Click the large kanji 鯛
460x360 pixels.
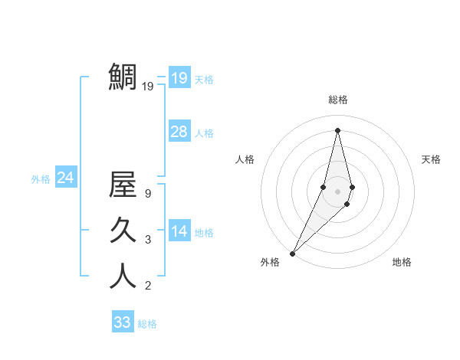coord(123,77)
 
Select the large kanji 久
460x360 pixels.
coord(123,231)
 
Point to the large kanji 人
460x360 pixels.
coord(123,276)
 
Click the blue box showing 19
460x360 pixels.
coord(179,77)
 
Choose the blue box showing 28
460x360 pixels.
coord(179,132)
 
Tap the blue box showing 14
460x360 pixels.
coord(179,231)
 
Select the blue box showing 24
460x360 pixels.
coord(65,178)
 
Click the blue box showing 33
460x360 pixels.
coord(122,322)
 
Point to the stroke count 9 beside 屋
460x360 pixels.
coord(147,194)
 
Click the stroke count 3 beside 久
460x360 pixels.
coord(147,240)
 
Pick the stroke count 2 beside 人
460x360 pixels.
coord(147,286)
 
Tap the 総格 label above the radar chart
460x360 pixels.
coord(337,100)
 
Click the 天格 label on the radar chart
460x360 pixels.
coord(431,159)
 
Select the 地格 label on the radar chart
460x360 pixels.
coord(402,262)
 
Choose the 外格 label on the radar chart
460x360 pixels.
coord(270,262)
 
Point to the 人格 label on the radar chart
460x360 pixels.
coord(245,159)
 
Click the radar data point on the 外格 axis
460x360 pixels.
coord(292,254)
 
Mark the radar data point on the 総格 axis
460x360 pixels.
coord(337,130)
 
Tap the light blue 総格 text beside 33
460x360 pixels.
coord(147,324)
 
